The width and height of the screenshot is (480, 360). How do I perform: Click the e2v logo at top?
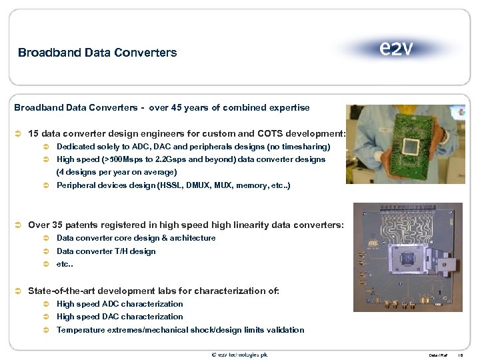pos(396,49)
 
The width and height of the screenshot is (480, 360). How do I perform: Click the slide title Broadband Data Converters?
pos(97,52)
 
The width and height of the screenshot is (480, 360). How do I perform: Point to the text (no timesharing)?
pos(294,146)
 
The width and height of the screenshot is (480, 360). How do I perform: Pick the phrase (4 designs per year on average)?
pos(117,172)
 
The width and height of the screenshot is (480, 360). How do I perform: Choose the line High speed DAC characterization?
pos(119,317)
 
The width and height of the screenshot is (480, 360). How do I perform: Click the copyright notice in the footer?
pos(239,355)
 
